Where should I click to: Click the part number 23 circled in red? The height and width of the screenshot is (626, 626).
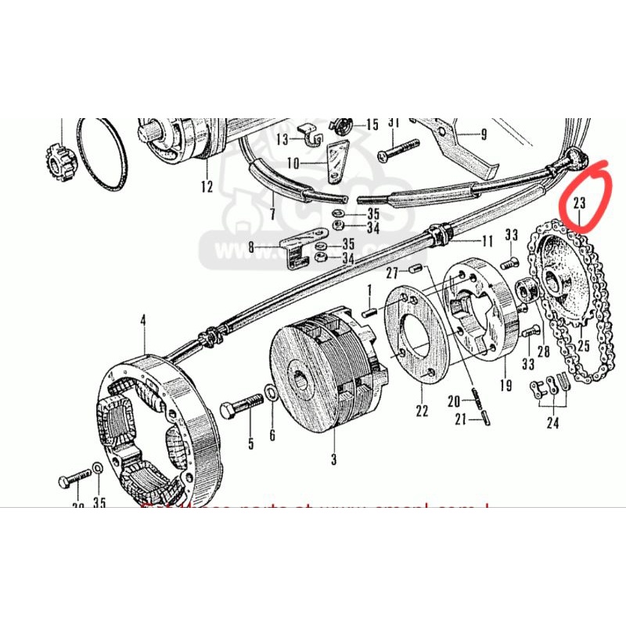click(580, 203)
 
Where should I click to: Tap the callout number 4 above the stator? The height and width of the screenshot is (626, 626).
click(143, 319)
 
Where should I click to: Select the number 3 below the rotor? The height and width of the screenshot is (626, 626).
click(333, 459)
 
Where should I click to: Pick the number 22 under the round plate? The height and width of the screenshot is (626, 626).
click(423, 411)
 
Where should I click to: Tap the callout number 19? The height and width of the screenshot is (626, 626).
click(505, 385)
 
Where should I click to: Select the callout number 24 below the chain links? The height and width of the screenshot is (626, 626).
click(554, 425)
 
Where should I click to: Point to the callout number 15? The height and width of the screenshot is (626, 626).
click(371, 124)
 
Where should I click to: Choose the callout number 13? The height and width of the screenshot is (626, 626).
click(281, 139)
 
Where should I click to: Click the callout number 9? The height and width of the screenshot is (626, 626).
click(484, 135)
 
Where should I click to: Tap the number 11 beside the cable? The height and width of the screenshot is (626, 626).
click(487, 240)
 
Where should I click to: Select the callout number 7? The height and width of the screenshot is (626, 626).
click(272, 214)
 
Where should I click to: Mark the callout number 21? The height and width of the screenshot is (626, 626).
click(461, 419)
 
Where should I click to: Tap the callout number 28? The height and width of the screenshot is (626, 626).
click(543, 352)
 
